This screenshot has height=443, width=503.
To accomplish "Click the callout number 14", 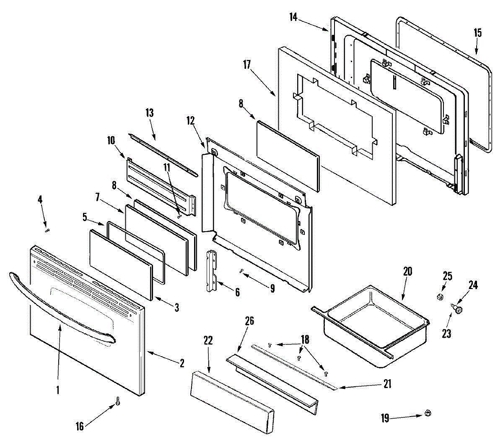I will (x=293, y=17).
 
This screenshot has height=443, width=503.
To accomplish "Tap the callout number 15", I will (x=477, y=33).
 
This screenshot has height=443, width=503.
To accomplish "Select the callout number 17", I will (x=247, y=65).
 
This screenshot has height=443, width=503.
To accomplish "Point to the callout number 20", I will (x=407, y=271).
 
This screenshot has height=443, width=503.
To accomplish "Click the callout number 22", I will (x=208, y=341).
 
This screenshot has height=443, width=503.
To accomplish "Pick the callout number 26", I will (x=249, y=321).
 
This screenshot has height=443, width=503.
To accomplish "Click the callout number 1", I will (x=58, y=390).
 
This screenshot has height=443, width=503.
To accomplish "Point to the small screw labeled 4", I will (x=47, y=229).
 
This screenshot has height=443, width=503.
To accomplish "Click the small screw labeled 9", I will (x=242, y=271).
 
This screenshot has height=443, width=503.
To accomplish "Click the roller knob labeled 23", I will (x=458, y=310).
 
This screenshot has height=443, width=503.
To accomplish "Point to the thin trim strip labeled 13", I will (x=163, y=155).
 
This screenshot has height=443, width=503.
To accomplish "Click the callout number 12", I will (x=191, y=121).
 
